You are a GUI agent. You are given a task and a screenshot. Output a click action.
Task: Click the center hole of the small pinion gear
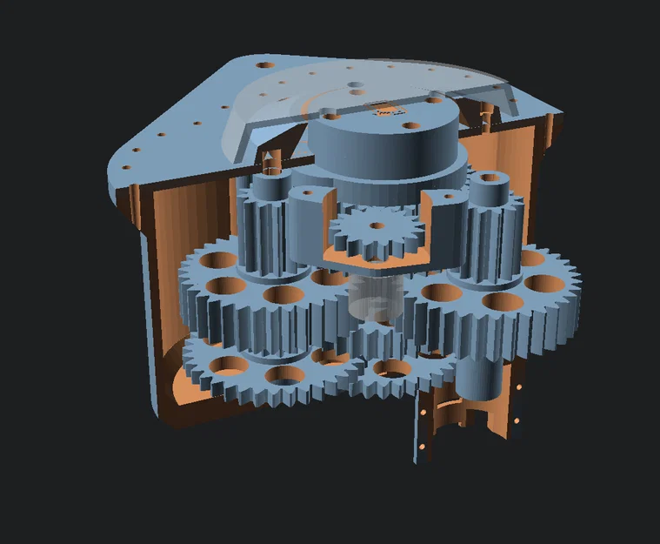[x=376, y=225]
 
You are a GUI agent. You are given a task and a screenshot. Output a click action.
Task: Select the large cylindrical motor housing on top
[x=383, y=148]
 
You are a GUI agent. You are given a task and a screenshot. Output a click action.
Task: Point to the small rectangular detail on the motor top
[x=383, y=111]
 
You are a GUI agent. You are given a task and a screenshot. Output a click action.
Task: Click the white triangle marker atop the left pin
[x=269, y=158]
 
